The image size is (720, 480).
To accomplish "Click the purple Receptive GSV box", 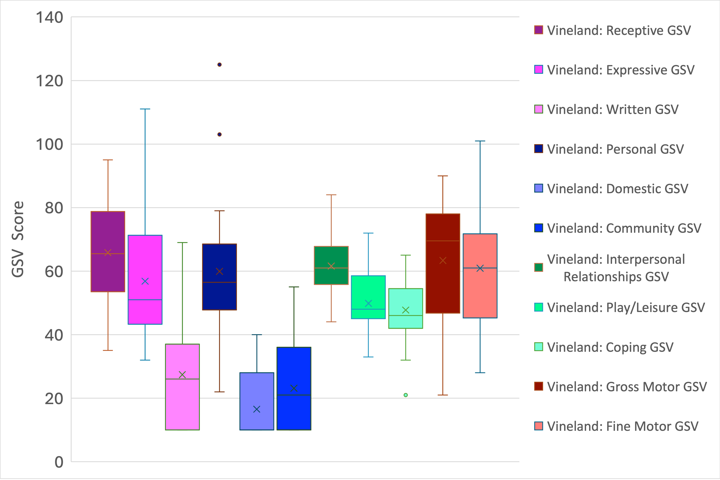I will pyautogui.click(x=108, y=233).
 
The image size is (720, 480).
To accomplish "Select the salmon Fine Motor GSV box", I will pyautogui.click(x=480, y=294).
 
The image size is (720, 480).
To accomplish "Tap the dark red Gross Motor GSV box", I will pyautogui.click(x=443, y=285).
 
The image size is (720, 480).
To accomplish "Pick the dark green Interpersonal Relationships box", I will pyautogui.click(x=331, y=257).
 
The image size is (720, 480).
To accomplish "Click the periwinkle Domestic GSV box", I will pyautogui.click(x=256, y=392).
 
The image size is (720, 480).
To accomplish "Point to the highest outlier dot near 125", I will pyautogui.click(x=219, y=64).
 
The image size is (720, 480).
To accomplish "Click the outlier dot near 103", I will pyautogui.click(x=219, y=134).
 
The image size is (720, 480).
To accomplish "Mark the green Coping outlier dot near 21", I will pyautogui.click(x=406, y=395).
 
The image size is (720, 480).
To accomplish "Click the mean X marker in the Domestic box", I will pyautogui.click(x=256, y=409).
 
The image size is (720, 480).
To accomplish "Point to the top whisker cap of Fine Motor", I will pyautogui.click(x=480, y=141).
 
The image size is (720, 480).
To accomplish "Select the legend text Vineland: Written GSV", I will pyautogui.click(x=613, y=109).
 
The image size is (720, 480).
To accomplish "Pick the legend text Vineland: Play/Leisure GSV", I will pyautogui.click(x=626, y=307).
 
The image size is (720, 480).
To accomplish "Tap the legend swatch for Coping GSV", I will pyautogui.click(x=538, y=347).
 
